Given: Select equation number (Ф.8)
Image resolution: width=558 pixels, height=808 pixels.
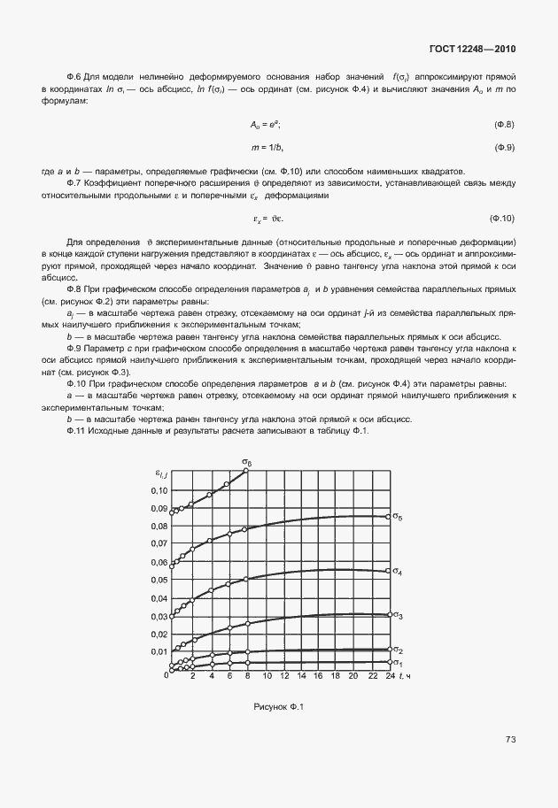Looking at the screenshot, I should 504,125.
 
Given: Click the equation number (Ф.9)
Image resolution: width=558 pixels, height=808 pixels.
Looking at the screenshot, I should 504,147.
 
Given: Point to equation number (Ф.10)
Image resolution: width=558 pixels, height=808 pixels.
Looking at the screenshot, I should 502,218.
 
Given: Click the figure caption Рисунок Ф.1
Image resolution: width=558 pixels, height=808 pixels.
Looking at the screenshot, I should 278,706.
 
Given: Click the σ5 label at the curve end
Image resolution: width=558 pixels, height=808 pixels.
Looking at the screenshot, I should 399,517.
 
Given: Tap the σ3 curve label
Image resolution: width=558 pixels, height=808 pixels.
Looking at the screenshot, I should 399,615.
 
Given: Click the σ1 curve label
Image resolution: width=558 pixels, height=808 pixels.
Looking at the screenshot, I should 399,663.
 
